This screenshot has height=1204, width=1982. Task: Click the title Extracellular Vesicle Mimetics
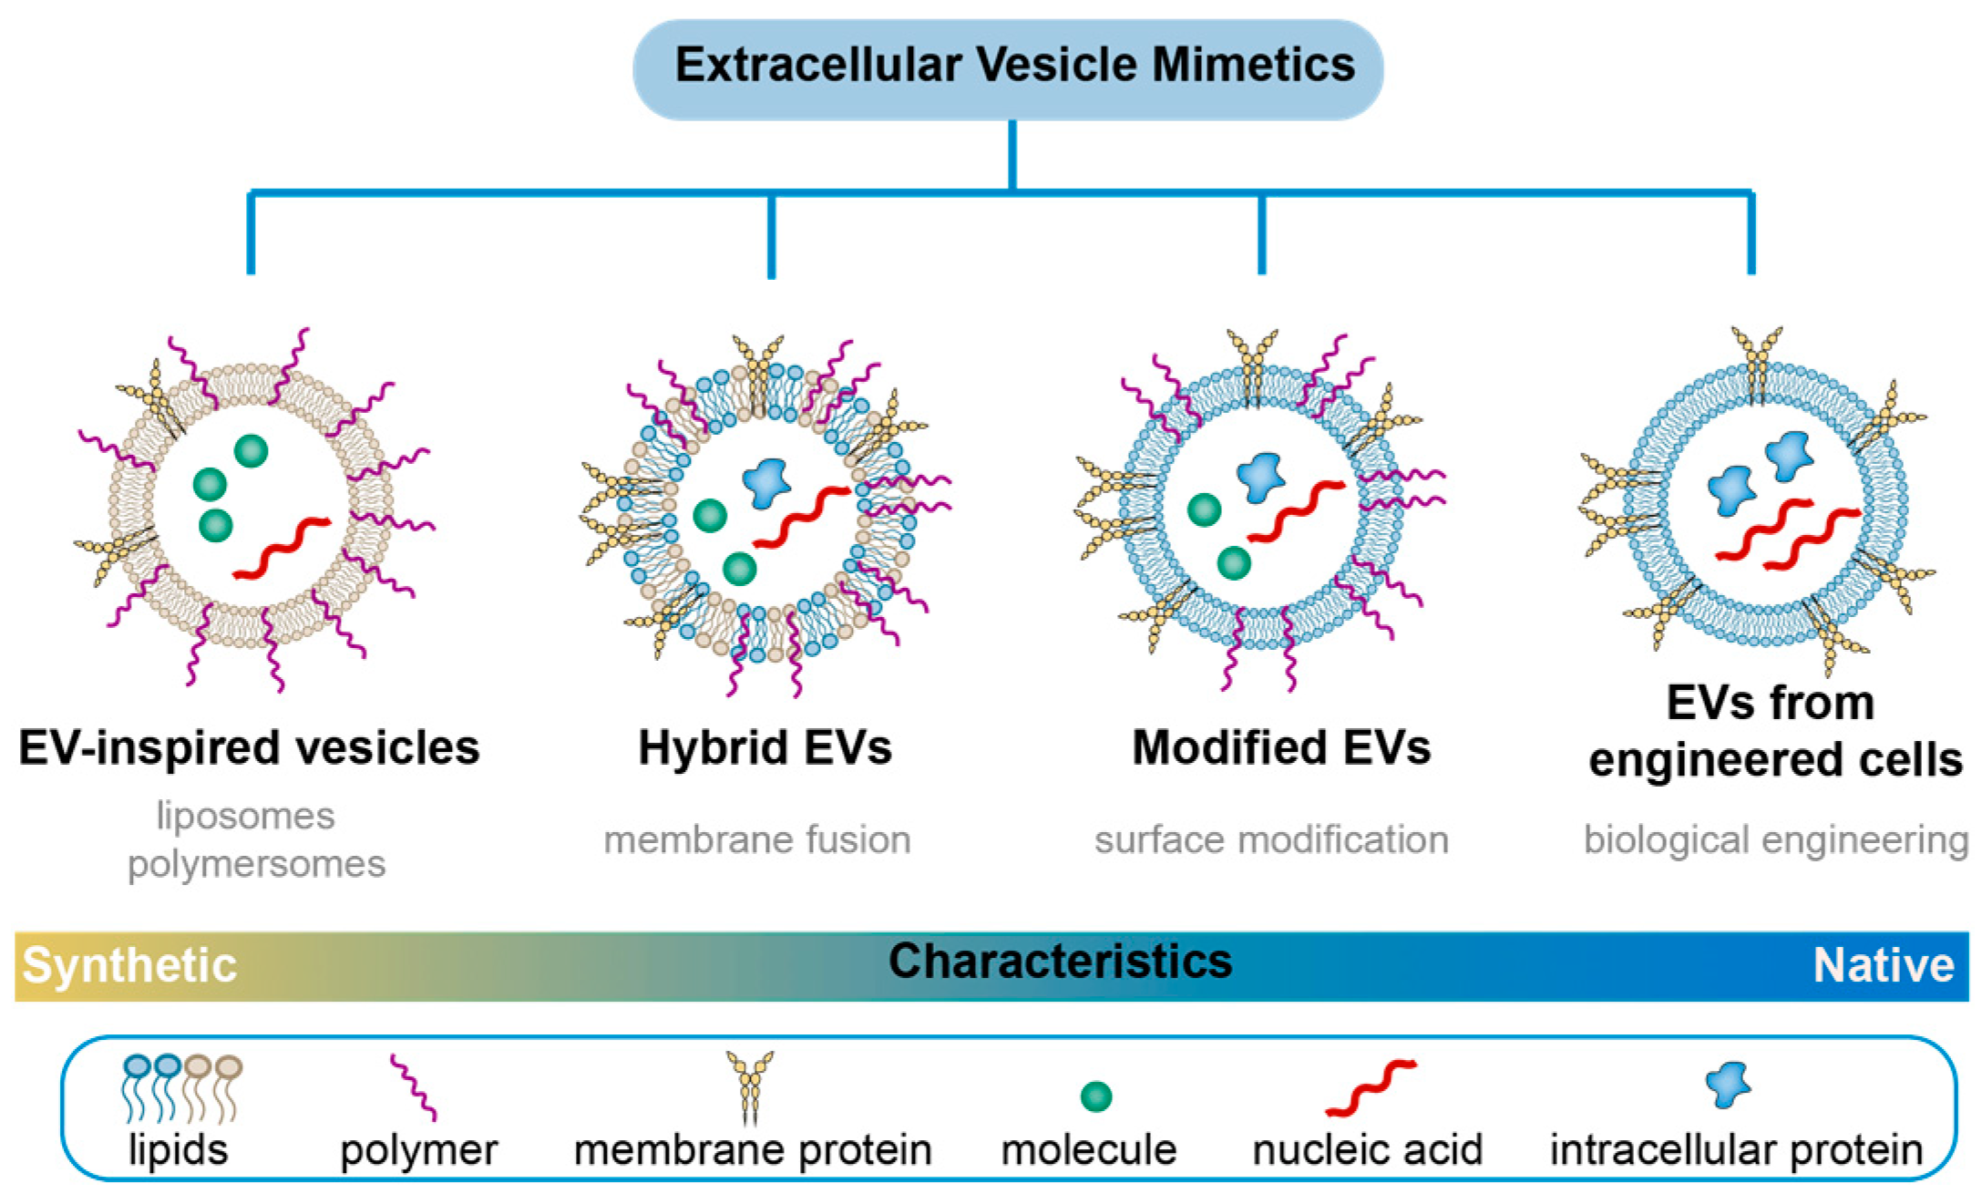(1013, 66)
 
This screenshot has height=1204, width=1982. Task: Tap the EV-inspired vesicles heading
(249, 748)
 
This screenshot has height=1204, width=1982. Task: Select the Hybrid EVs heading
(765, 748)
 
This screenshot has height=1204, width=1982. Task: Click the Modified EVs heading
(1280, 748)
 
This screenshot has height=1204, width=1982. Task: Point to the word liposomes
(245, 816)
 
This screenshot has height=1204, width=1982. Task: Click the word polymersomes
(256, 864)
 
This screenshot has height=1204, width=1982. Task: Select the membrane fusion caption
(757, 839)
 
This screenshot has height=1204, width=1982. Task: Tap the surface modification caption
(1271, 839)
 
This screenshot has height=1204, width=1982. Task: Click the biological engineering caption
(1775, 839)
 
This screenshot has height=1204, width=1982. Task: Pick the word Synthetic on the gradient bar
(129, 965)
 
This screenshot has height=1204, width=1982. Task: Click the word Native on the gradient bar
(1883, 965)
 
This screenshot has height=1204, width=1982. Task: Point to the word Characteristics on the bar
(1060, 962)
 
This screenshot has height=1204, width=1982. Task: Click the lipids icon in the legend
(181, 1087)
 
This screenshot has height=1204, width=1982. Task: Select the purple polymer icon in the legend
(413, 1087)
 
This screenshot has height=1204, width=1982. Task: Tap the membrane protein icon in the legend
(750, 1086)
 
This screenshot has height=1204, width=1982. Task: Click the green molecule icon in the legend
(1095, 1096)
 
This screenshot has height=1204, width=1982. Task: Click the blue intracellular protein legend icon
(1728, 1085)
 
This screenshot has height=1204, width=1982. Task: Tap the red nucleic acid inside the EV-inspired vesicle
(282, 548)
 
